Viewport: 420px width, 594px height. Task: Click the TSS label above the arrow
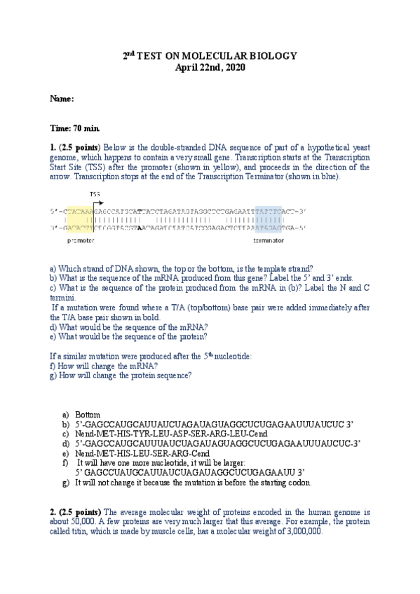click(95, 194)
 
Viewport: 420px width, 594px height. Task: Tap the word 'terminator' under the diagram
click(269, 240)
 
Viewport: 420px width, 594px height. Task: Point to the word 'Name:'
click(62, 99)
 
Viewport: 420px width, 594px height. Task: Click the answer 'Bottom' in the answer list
click(88, 415)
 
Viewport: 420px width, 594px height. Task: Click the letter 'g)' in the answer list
click(65, 483)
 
